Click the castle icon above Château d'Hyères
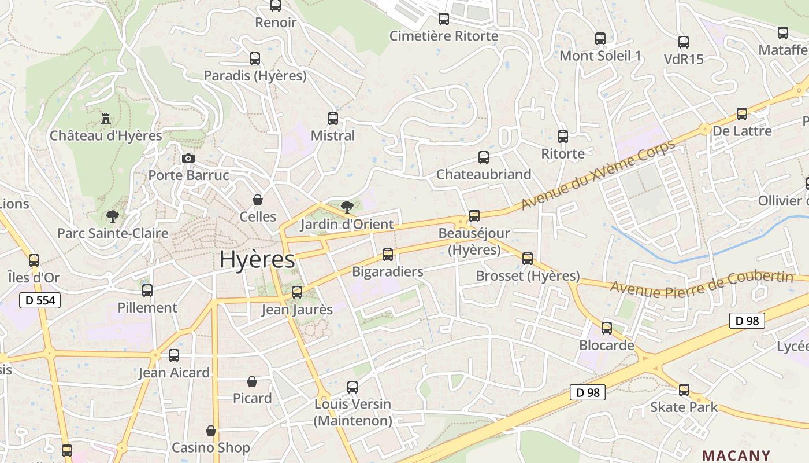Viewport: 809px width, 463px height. pos(106,119)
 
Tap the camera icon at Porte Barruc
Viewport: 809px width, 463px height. pos(188,158)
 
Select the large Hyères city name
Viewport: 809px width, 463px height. pos(257,260)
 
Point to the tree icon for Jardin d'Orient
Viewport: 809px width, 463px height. pos(347,207)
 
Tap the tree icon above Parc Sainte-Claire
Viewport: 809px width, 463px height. pos(113,216)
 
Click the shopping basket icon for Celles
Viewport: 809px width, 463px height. pos(258,200)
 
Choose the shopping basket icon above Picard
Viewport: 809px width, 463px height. pos(252,381)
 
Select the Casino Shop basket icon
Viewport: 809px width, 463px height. pos(211,431)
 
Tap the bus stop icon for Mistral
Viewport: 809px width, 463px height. pos(333,119)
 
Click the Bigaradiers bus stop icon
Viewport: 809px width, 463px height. pos(388,255)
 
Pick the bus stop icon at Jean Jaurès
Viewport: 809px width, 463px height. pos(297,292)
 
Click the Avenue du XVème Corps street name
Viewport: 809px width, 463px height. pos(598,175)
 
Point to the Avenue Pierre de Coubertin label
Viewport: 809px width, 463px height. pos(702,283)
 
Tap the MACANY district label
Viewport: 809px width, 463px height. pos(736,455)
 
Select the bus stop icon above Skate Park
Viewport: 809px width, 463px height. pos(684,390)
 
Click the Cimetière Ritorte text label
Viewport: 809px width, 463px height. pos(444,36)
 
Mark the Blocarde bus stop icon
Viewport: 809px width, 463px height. pos(607,328)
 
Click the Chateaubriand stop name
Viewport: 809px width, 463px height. pos(484,174)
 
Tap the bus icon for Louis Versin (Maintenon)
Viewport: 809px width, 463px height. pos(352,387)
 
